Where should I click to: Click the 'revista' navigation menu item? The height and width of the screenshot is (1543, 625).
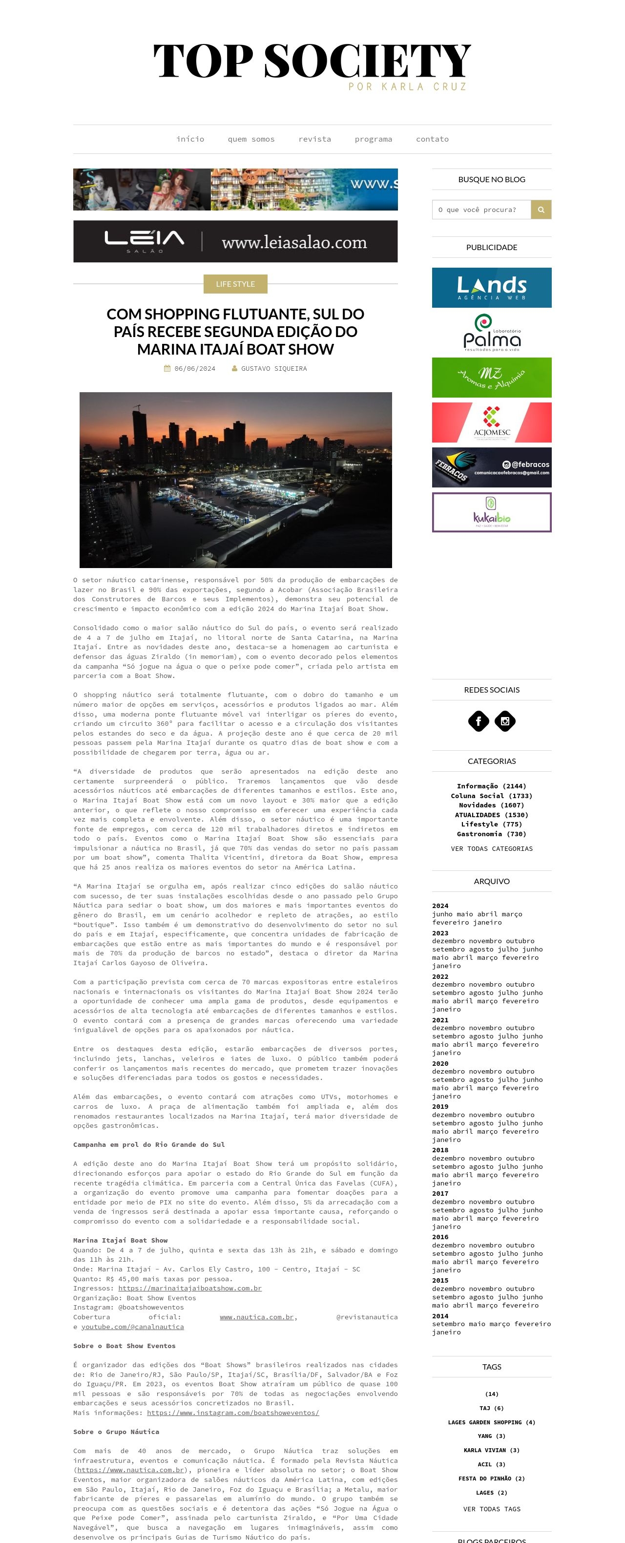314,139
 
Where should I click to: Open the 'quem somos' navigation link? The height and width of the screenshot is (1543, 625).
251,139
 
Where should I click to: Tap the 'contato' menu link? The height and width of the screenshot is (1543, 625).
432,139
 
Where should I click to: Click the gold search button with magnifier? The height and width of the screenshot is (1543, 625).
541,210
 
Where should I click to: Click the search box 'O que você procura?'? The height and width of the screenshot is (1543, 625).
481,210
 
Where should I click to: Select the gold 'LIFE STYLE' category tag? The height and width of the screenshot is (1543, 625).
235,284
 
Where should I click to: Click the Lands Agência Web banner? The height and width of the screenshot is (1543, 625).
492,288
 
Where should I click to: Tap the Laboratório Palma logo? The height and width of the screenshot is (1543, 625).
492,333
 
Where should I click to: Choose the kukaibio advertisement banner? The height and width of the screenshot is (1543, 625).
492,512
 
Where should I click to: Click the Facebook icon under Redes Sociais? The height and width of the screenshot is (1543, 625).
479,721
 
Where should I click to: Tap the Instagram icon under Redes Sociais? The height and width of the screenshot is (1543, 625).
505,721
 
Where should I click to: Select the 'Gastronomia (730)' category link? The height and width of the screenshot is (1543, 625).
492,834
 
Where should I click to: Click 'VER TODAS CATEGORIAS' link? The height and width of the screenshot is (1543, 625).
492,849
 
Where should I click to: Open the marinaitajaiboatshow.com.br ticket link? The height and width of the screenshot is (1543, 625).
190,1288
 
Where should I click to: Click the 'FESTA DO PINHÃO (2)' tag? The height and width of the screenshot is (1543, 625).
492,1479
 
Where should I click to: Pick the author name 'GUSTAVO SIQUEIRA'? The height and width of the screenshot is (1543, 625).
273,368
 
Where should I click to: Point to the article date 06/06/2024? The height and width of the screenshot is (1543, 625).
194,368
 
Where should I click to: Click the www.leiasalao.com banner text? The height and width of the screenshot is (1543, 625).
294,243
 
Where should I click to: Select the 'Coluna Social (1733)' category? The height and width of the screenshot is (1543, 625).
492,796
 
